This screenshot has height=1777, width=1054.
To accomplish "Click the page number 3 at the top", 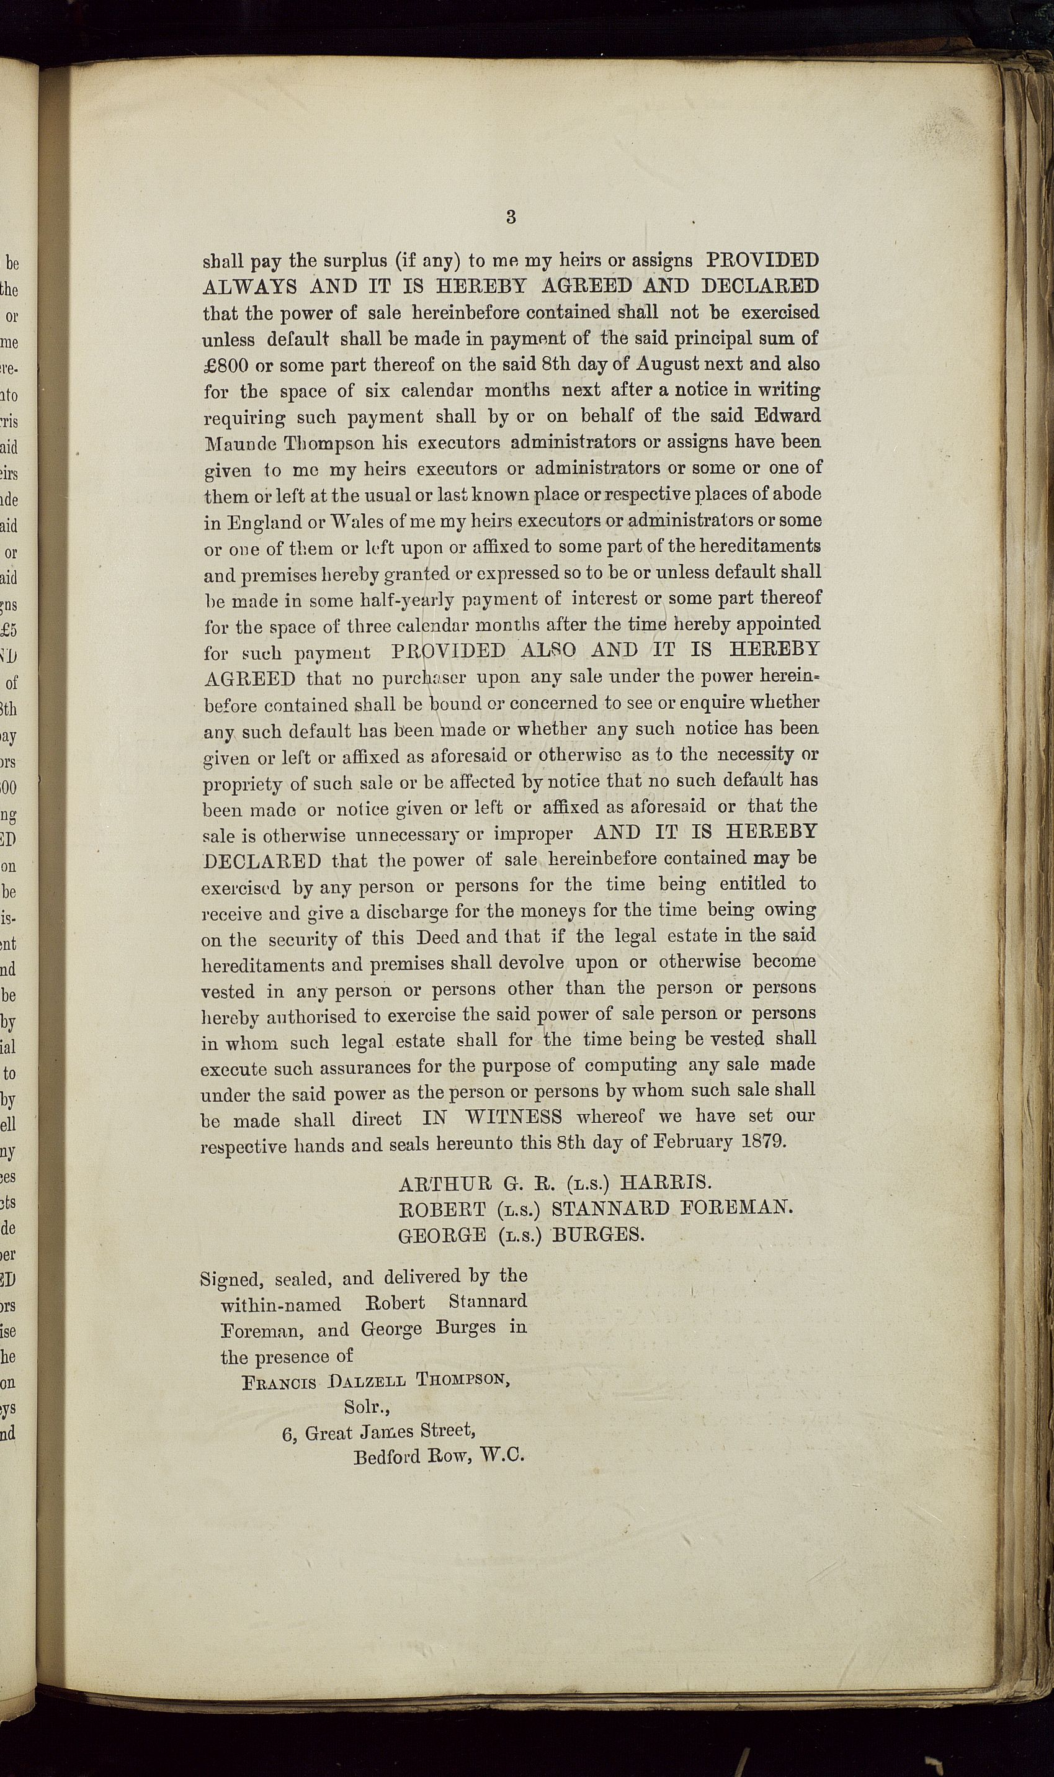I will coord(511,217).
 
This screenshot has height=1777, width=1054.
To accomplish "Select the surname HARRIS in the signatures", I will coord(665,1182).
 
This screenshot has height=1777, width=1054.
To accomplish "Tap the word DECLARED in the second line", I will coord(760,286).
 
